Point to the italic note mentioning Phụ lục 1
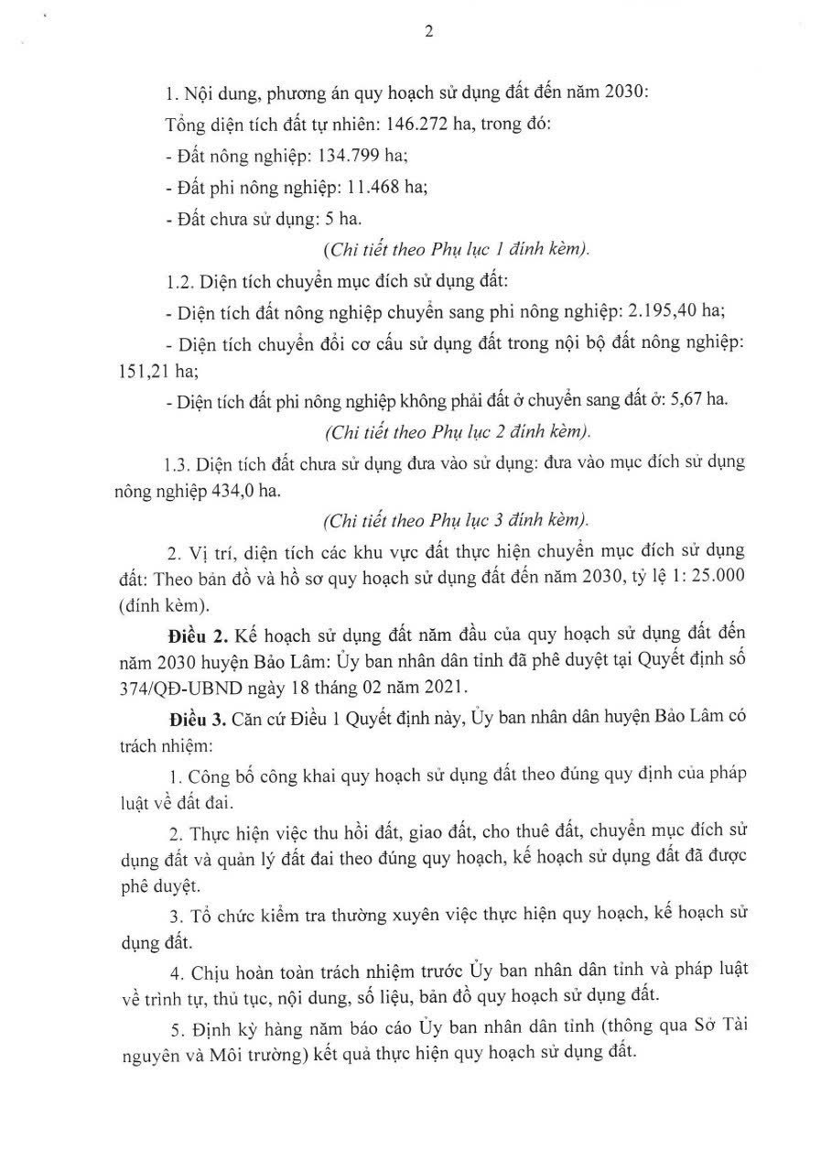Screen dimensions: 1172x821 tap(456, 249)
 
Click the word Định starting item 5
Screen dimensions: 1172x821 tap(210, 1025)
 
